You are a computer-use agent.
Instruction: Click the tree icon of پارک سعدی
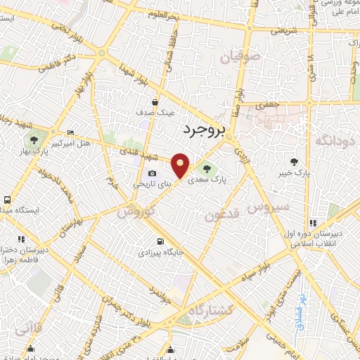207,167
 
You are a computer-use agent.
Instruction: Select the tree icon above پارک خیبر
304,161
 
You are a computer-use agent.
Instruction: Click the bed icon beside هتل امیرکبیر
70,133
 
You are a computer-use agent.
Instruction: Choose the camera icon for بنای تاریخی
152,174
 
